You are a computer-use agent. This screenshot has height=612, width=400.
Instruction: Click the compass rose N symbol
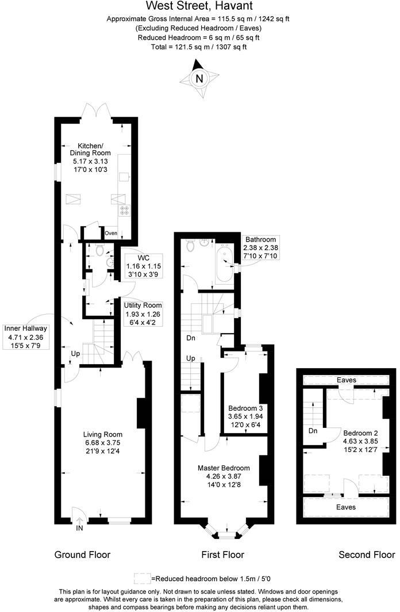coord(199,79)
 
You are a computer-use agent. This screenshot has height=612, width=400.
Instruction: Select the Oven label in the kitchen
coord(111,233)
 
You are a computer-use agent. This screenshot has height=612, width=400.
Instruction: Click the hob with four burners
coord(125,211)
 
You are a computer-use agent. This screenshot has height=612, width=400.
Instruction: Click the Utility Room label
coord(143,305)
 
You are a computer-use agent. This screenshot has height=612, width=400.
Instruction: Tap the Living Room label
coord(103,434)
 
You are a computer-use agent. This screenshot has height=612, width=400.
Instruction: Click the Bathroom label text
coord(261,240)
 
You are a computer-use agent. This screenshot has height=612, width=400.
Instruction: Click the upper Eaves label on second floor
coord(347,380)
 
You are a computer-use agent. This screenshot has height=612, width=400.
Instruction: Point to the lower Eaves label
coord(346,507)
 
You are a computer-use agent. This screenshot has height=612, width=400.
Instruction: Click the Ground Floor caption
coord(82,555)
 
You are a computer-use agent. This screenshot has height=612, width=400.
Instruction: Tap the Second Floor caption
coord(367,555)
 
